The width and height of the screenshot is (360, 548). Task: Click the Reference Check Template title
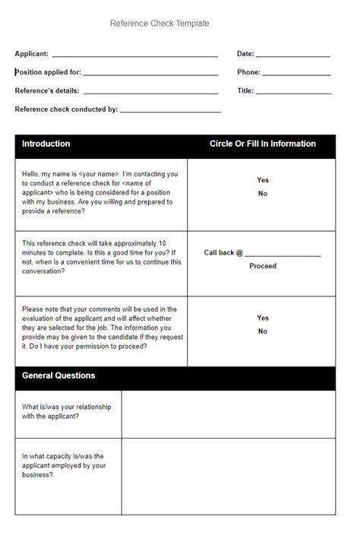pyautogui.click(x=159, y=24)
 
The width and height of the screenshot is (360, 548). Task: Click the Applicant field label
pyautogui.click(x=32, y=54)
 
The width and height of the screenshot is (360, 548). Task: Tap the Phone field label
pyautogui.click(x=248, y=72)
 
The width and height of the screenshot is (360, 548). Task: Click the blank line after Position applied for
pyautogui.click(x=150, y=74)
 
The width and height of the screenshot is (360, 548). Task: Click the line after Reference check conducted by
pyautogui.click(x=170, y=111)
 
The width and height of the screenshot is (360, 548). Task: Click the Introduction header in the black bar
pyautogui.click(x=46, y=144)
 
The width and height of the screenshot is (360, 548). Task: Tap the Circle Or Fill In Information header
pyautogui.click(x=262, y=144)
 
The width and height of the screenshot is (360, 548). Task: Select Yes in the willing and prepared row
pyautogui.click(x=263, y=180)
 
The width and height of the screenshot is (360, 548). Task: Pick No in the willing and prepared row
pyautogui.click(x=263, y=194)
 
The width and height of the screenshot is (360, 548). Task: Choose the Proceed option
pyautogui.click(x=263, y=266)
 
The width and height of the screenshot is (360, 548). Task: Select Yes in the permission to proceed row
pyautogui.click(x=263, y=318)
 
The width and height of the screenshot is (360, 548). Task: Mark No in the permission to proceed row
pyautogui.click(x=263, y=331)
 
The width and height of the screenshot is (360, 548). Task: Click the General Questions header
pyautogui.click(x=58, y=375)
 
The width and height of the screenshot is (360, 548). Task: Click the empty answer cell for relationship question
pyautogui.click(x=228, y=414)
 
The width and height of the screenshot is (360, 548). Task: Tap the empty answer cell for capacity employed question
pyautogui.click(x=228, y=477)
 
